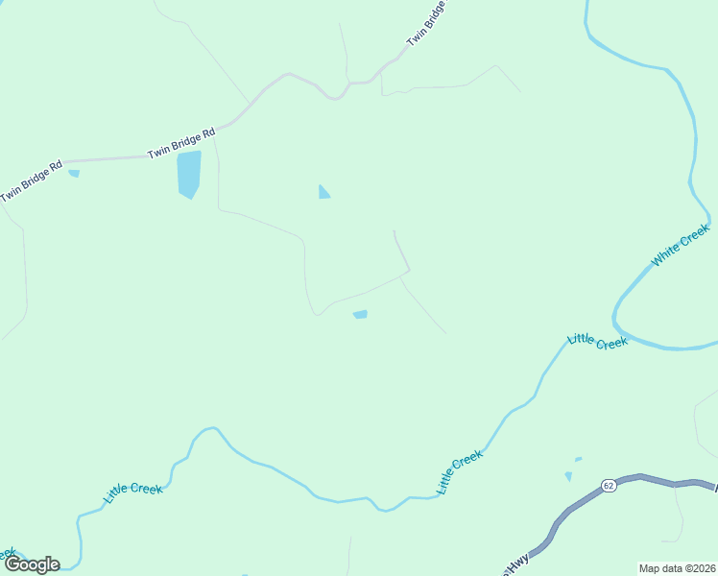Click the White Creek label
(x=681, y=245)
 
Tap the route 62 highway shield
(x=609, y=486)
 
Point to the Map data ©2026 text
(x=678, y=568)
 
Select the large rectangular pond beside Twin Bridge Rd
(x=189, y=174)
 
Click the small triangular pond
(x=323, y=193)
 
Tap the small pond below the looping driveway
(x=360, y=314)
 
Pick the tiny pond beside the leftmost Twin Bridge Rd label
(x=74, y=174)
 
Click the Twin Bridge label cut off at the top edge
(x=428, y=23)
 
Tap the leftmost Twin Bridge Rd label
(x=31, y=180)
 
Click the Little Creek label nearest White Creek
(x=597, y=340)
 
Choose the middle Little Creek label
(x=459, y=473)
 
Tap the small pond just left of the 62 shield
(x=568, y=476)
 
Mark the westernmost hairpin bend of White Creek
(x=616, y=312)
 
